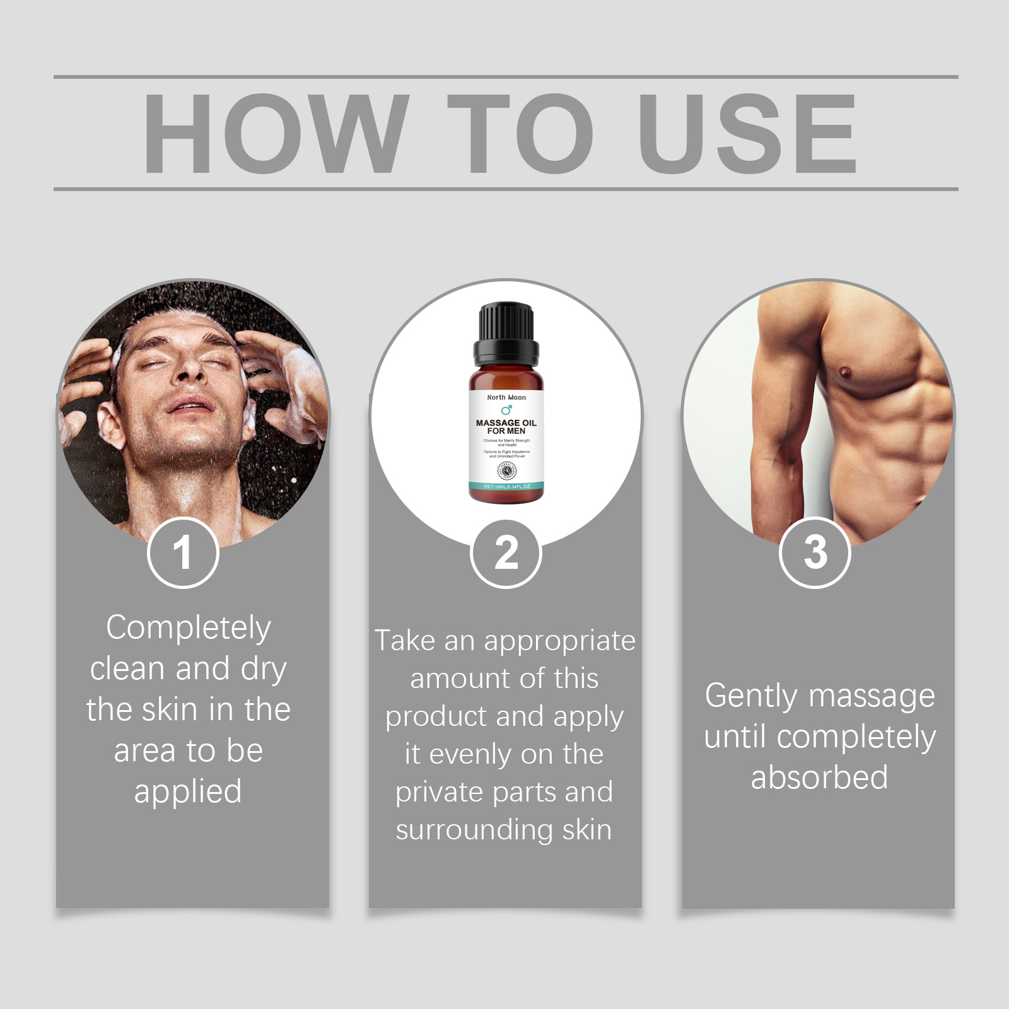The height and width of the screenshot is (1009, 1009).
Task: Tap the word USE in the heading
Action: (x=747, y=133)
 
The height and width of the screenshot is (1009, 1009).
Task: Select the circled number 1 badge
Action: (x=183, y=553)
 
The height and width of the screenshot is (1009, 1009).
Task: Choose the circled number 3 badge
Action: (x=815, y=552)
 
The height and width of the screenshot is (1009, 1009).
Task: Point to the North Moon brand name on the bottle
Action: (x=506, y=397)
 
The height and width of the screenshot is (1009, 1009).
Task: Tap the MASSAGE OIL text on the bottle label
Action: (x=506, y=423)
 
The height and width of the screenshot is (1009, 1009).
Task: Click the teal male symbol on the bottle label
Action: (x=506, y=410)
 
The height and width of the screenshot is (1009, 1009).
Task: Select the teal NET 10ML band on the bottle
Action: (x=506, y=486)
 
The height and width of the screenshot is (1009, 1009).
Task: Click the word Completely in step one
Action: (x=189, y=628)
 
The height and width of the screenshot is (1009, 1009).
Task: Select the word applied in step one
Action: (x=188, y=792)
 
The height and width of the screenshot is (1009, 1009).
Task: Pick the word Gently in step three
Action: (x=752, y=697)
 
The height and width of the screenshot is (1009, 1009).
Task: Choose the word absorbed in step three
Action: (x=819, y=778)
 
